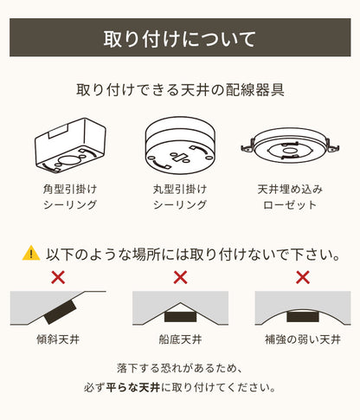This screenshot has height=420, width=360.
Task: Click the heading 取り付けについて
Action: (x=180, y=39)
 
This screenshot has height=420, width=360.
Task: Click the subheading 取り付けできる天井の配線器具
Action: (x=180, y=89)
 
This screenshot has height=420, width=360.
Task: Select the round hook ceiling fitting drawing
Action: (x=180, y=142)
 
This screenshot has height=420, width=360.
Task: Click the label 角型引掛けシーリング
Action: (x=70, y=197)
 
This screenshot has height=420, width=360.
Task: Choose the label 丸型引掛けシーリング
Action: (x=180, y=197)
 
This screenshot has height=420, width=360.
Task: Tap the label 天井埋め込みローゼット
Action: (x=289, y=197)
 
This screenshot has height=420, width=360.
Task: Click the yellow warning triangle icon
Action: (x=31, y=254)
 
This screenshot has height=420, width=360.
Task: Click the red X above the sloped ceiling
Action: (x=58, y=278)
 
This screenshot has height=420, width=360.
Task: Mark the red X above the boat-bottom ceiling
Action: (x=180, y=278)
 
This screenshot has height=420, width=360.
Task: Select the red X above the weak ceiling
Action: (x=302, y=278)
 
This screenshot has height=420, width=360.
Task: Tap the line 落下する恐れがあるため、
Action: (x=180, y=367)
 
